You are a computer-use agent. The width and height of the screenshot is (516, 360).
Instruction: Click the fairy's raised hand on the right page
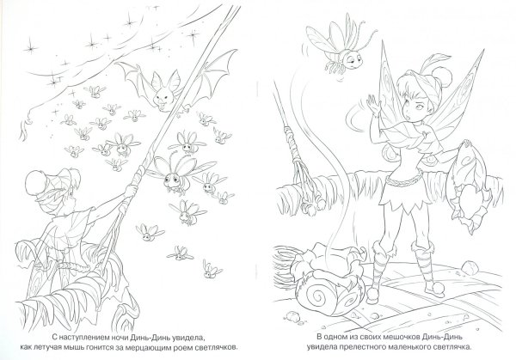point(373,104)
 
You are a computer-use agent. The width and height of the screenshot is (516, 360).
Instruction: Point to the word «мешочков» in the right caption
point(388,337)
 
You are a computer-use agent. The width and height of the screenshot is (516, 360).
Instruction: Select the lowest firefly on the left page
point(211,271)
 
